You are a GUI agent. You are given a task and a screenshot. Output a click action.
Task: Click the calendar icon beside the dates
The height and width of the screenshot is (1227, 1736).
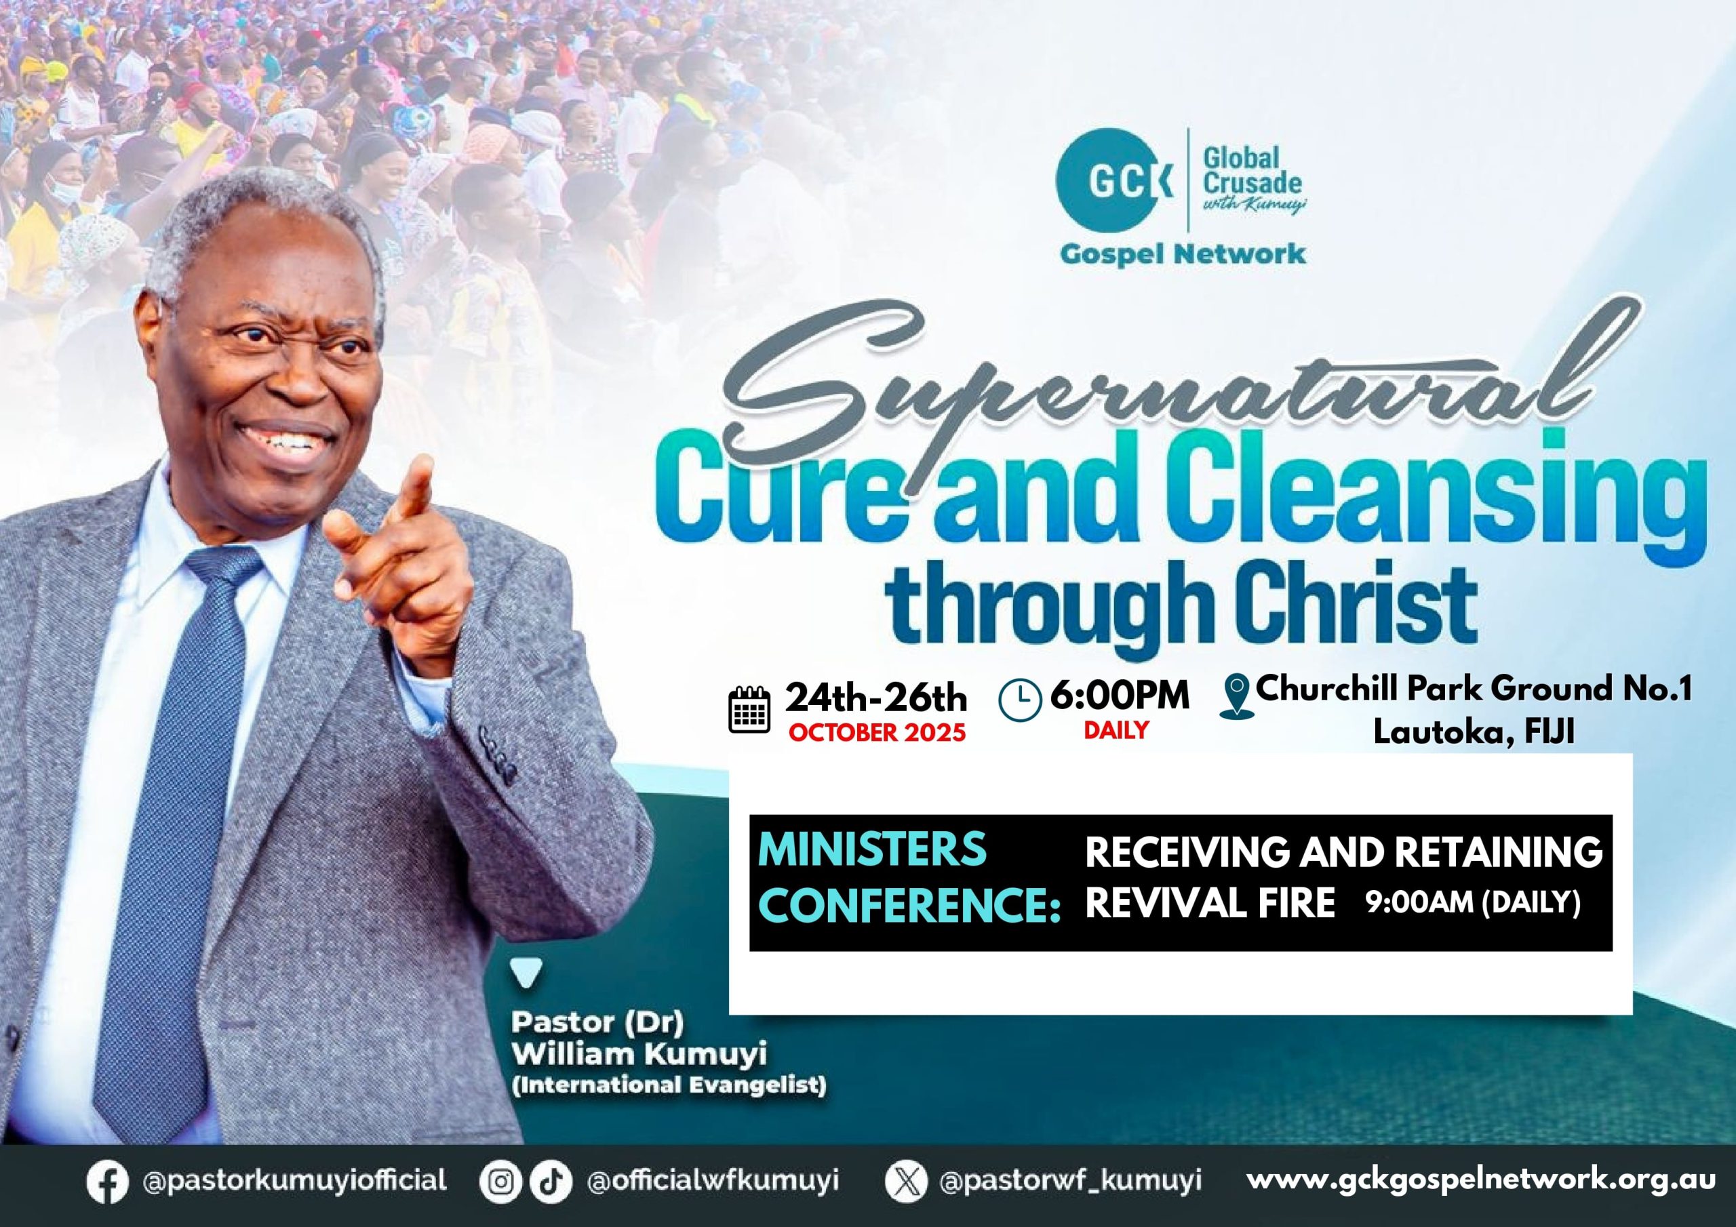coord(749,709)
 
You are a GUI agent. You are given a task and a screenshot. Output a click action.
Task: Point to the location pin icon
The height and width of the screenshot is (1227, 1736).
coord(1237,696)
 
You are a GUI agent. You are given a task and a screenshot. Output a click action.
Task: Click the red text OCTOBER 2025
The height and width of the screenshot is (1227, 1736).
coord(877,732)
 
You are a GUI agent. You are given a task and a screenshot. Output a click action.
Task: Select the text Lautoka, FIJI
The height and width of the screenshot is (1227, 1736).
coord(1474,733)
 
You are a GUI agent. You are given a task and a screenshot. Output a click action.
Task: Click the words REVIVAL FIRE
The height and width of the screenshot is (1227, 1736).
coord(1210,903)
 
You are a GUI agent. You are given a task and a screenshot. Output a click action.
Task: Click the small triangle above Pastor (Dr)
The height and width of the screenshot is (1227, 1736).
coord(526,973)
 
